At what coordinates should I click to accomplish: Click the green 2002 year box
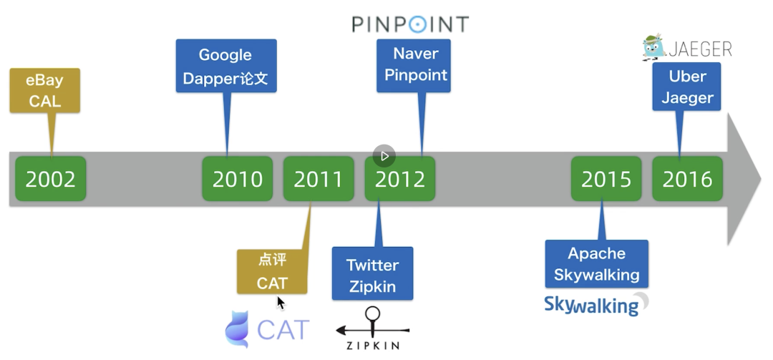[51, 178]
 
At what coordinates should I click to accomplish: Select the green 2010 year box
[238, 178]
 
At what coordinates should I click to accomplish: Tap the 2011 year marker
[319, 178]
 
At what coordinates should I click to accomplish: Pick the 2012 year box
[400, 178]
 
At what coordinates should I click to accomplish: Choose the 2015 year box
[606, 178]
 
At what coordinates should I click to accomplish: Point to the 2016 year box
[687, 178]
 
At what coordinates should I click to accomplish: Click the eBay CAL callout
[45, 91]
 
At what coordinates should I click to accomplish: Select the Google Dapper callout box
[226, 66]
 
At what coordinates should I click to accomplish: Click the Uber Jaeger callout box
[686, 87]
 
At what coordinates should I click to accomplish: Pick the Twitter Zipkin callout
[372, 276]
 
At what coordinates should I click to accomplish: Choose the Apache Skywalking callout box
[596, 263]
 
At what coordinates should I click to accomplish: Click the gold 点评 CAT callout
[272, 271]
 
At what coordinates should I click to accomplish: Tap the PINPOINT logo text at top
[410, 24]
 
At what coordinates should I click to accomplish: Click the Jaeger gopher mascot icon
[653, 47]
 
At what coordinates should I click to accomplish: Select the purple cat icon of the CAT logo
[237, 329]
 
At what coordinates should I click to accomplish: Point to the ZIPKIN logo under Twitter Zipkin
[372, 330]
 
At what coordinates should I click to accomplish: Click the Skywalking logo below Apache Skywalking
[595, 304]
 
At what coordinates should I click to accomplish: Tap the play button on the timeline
[384, 155]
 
